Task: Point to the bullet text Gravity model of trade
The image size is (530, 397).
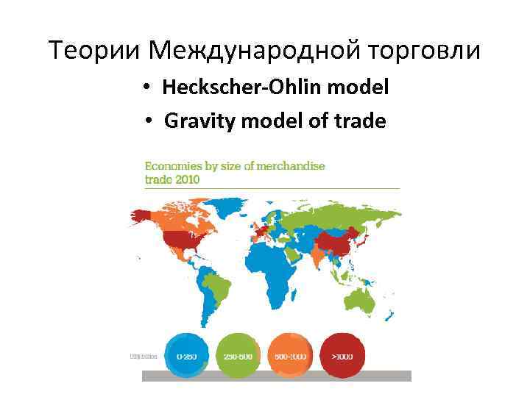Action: click(x=275, y=120)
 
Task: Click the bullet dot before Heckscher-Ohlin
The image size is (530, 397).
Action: click(x=149, y=88)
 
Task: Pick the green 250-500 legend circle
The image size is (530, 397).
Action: click(x=238, y=357)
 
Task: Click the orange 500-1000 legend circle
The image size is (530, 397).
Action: click(x=290, y=357)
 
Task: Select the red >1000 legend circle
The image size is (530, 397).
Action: click(x=342, y=357)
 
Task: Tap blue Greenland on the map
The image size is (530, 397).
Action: click(x=234, y=204)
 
